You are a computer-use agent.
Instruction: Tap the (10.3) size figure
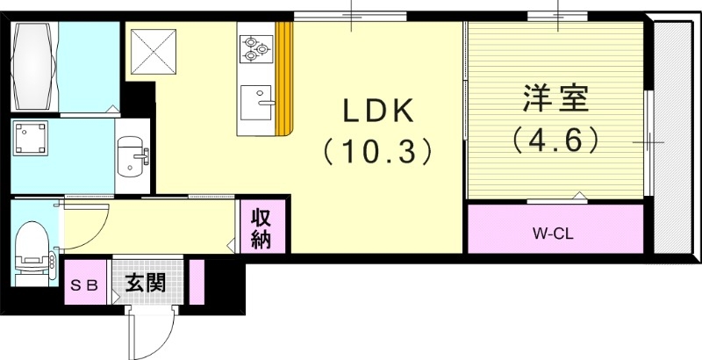[x=377, y=152]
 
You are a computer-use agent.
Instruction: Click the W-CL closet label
[x=555, y=233]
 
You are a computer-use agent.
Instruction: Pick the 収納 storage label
[x=261, y=228]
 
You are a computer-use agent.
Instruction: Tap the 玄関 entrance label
[x=145, y=283]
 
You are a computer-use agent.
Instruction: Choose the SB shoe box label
[x=85, y=284]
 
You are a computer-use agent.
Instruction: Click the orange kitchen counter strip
[x=283, y=79]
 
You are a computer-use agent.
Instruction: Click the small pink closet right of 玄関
[x=197, y=283]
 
